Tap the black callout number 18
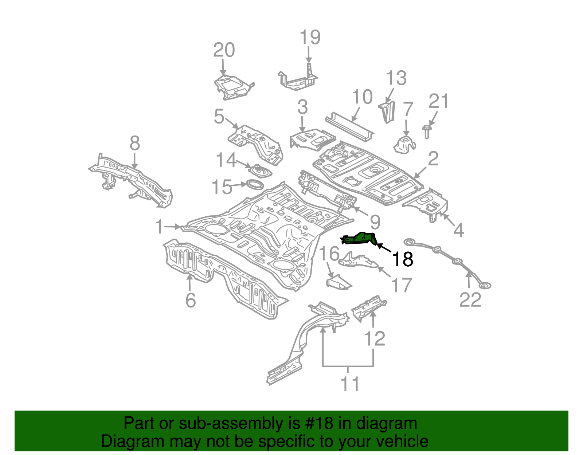point(402,259)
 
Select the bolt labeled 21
point(427,132)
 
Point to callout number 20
point(224,50)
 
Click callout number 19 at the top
point(310,38)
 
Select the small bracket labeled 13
point(387,111)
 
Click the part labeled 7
point(404,144)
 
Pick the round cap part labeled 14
point(259,170)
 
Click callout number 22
point(470,300)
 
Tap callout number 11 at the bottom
point(350,384)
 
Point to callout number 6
point(191,301)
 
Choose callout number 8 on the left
point(134,144)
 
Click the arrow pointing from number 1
point(173,227)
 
